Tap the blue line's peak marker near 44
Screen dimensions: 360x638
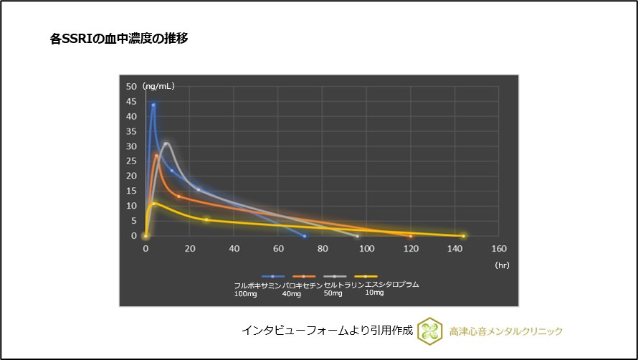coord(153,105)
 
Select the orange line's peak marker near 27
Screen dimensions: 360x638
coord(156,155)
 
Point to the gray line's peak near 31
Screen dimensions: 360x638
coord(166,143)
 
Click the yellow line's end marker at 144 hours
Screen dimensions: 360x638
coord(463,235)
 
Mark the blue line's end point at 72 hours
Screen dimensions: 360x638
coord(305,235)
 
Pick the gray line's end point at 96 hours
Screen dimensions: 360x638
coord(357,235)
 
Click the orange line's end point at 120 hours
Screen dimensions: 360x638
coord(411,235)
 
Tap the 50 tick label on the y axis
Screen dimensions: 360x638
coord(132,86)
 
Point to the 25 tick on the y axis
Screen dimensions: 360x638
coord(132,161)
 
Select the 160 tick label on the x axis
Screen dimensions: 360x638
coord(498,249)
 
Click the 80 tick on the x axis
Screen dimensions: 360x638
coord(323,249)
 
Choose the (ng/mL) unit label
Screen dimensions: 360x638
coord(158,86)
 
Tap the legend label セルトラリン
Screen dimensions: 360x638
coord(344,285)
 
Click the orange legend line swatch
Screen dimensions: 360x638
coord(304,276)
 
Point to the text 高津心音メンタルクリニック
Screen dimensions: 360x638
coord(506,331)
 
